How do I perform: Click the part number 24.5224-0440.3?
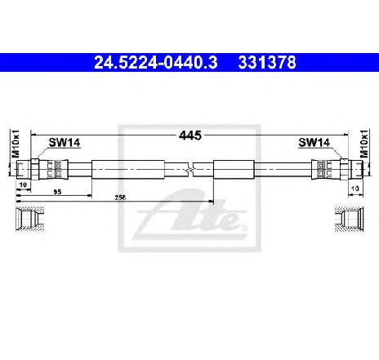click(x=155, y=63)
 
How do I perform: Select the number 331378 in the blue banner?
click(x=267, y=63)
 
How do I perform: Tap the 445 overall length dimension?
click(x=190, y=136)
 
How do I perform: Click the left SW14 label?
click(x=65, y=142)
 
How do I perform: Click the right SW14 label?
click(x=314, y=142)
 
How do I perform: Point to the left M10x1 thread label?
click(x=16, y=144)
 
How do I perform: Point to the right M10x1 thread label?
click(x=363, y=144)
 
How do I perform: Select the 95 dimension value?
click(x=57, y=192)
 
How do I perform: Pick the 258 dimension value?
click(x=120, y=198)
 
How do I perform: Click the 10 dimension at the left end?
click(x=23, y=184)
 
